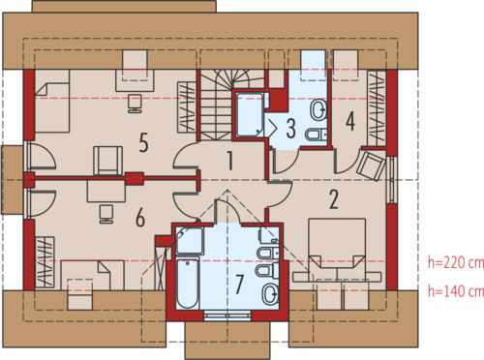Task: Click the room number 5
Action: pyautogui.click(x=144, y=142)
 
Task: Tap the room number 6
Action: pyautogui.click(x=140, y=218)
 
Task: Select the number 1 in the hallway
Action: pyautogui.click(x=230, y=161)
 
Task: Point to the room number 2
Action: pyautogui.click(x=334, y=199)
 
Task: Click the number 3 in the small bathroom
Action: pyautogui.click(x=291, y=129)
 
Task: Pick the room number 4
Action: pyautogui.click(x=350, y=121)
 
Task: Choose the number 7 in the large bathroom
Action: pyautogui.click(x=239, y=285)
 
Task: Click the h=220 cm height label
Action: pyautogui.click(x=456, y=263)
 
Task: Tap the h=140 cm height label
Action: pyautogui.click(x=456, y=291)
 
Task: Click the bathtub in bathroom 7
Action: pyautogui.click(x=187, y=283)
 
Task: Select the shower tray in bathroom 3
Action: pyautogui.click(x=250, y=114)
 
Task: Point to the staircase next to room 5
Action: pyautogui.click(x=215, y=105)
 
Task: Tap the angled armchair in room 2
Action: pyautogui.click(x=371, y=165)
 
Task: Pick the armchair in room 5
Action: pyautogui.click(x=107, y=161)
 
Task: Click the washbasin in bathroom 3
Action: pyautogui.click(x=318, y=109)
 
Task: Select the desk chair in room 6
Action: pyautogui.click(x=106, y=214)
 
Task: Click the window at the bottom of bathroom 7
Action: pyautogui.click(x=227, y=315)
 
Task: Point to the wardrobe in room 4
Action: pyautogui.click(x=377, y=108)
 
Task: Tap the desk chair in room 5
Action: pyautogui.click(x=135, y=104)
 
